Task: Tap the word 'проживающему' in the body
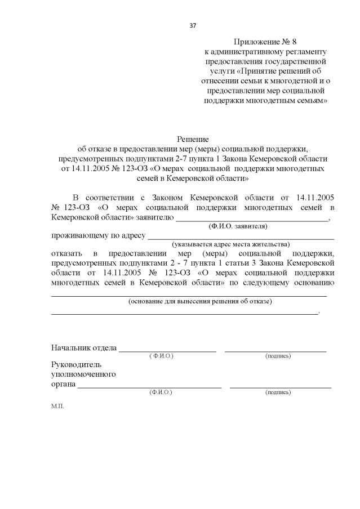tap(77, 235)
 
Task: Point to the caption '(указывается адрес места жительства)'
tap(231, 244)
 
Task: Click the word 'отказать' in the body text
tap(66, 254)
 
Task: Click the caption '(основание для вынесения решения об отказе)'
tap(200, 301)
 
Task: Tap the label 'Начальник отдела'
tap(84, 348)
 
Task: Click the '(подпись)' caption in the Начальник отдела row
tap(278, 356)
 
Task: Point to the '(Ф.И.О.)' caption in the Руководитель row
tap(161, 392)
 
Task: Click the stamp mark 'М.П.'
tap(57, 406)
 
